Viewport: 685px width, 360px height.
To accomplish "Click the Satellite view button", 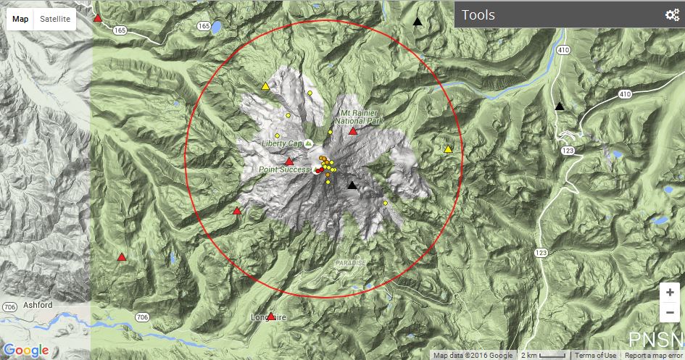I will [55, 19].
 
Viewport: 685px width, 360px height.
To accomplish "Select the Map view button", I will [20, 19].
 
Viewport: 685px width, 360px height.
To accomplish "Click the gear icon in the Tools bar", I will [671, 15].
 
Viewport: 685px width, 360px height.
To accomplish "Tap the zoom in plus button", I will [670, 292].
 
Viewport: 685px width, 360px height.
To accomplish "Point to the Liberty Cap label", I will [281, 143].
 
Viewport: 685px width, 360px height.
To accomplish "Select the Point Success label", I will [285, 169].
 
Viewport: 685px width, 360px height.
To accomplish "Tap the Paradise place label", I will [350, 262].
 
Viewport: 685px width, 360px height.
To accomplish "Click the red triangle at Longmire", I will [271, 317].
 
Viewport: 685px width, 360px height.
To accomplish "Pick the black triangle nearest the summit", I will [352, 185].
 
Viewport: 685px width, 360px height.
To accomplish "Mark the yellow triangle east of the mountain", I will [448, 149].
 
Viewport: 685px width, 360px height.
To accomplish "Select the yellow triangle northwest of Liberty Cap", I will [265, 87].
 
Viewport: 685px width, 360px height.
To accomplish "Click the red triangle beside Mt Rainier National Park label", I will [353, 131].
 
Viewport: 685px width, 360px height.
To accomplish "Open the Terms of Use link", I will [595, 356].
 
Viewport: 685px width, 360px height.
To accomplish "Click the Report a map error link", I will [653, 356].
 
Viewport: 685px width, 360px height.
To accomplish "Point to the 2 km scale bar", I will [544, 356].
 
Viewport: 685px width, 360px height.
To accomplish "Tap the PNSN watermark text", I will [655, 340].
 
